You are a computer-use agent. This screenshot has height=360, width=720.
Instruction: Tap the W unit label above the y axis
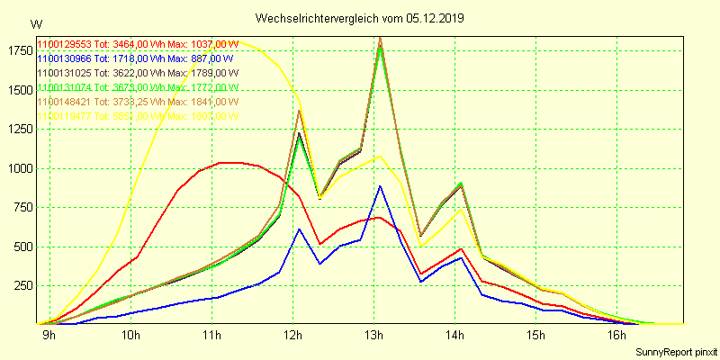(x=35, y=23)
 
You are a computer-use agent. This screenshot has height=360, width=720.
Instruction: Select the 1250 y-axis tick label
(x=18, y=129)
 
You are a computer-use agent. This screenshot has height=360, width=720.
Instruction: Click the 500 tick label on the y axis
(x=21, y=247)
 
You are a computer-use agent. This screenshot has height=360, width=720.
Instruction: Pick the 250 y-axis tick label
(x=21, y=285)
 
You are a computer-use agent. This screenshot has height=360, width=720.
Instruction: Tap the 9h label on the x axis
(x=49, y=336)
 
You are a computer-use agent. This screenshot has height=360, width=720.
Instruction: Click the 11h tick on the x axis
(x=211, y=336)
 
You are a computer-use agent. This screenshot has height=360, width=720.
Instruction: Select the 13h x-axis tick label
(x=373, y=336)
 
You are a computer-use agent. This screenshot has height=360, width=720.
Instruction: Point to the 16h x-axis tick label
(x=616, y=336)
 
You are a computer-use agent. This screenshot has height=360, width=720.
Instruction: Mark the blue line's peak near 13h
(x=380, y=186)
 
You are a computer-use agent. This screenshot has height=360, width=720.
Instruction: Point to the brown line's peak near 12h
(x=299, y=111)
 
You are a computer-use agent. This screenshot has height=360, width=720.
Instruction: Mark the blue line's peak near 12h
(x=299, y=229)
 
